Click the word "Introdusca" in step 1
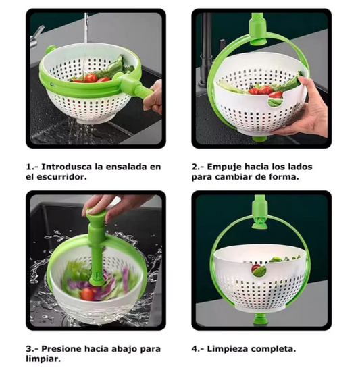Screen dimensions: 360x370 66,167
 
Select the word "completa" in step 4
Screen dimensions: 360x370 272,349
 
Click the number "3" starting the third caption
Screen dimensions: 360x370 28,349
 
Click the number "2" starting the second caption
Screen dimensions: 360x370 195,167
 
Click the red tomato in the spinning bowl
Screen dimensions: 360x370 87,294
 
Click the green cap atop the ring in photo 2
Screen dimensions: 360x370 258,30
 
